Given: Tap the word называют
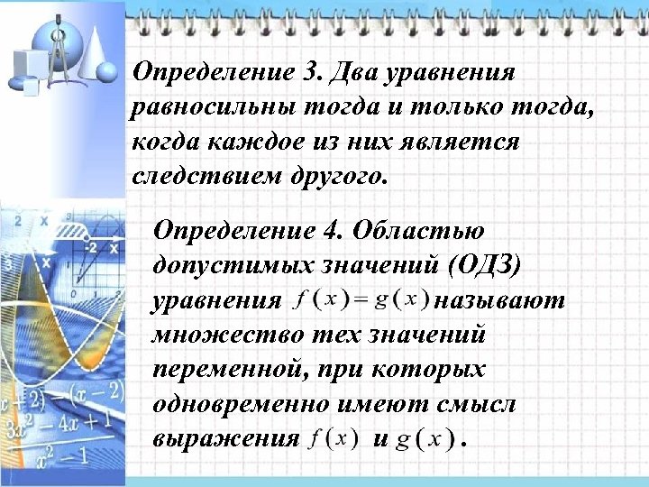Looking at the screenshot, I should (499, 299).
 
